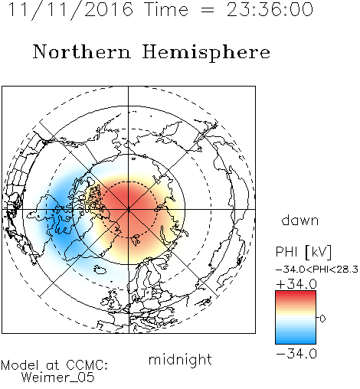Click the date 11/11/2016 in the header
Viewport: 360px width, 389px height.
pyautogui.click(x=70, y=10)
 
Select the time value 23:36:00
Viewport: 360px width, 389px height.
pyautogui.click(x=270, y=10)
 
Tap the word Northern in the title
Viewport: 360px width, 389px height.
pyautogui.click(x=82, y=52)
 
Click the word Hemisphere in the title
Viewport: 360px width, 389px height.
pyautogui.click(x=206, y=53)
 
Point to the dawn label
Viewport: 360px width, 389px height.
pyautogui.click(x=300, y=220)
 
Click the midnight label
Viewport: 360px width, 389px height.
pyautogui.click(x=180, y=359)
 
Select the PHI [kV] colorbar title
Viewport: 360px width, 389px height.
pyautogui.click(x=303, y=252)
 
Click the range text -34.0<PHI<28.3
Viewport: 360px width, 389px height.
pyautogui.click(x=317, y=270)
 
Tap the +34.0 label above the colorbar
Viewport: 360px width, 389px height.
pyautogui.click(x=296, y=284)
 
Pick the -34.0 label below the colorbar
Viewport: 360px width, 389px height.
pyautogui.click(x=296, y=354)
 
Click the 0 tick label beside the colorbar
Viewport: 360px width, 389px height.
pyautogui.click(x=322, y=319)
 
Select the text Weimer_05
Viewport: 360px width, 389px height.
pyautogui.click(x=58, y=378)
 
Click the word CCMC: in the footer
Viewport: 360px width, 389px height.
pyautogui.click(x=87, y=365)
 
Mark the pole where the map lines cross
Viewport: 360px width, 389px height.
pyautogui.click(x=129, y=209)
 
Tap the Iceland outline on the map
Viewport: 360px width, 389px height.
pyautogui.click(x=100, y=269)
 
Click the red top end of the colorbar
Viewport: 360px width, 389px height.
pyautogui.click(x=296, y=293)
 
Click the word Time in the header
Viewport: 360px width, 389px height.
pyautogui.click(x=166, y=10)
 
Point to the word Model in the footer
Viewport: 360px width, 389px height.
pyautogui.click(x=20, y=365)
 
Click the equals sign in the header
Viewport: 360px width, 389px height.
pyautogui.click(x=208, y=10)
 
